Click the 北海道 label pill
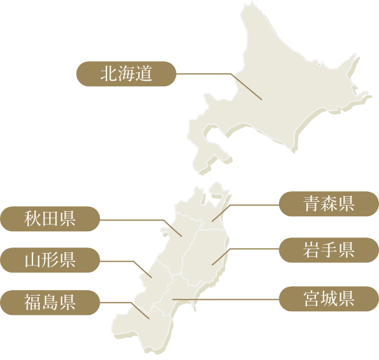[126, 74]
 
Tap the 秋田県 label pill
[50, 219]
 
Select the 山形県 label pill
[50, 260]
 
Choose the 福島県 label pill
[50, 302]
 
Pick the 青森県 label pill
[329, 204]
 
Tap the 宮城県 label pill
[329, 299]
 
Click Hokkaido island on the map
[275, 94]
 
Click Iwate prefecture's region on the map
[210, 250]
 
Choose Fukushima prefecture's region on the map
[150, 319]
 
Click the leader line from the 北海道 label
[206, 74]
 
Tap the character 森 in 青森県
[329, 204]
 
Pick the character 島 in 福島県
[50, 302]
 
